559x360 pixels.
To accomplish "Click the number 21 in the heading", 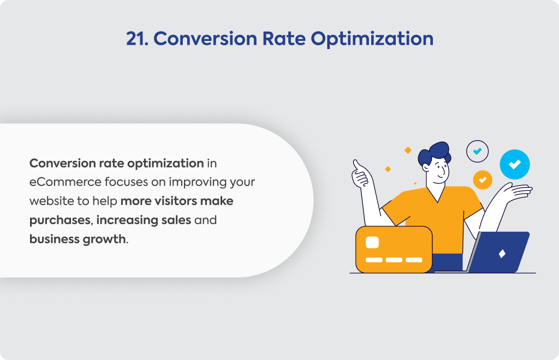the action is [137, 39].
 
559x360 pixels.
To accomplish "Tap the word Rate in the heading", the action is [284, 39].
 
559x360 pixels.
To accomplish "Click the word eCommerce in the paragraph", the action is [65, 182].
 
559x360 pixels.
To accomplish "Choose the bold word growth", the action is [104, 239].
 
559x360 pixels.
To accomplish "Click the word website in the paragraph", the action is [52, 201].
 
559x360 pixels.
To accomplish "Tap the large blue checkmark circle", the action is [514, 164].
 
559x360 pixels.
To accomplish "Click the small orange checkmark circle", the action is [483, 180].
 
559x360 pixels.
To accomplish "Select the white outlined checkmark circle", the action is [477, 151].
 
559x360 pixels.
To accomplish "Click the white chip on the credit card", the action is [372, 243].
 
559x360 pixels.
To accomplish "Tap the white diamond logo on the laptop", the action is [502, 254].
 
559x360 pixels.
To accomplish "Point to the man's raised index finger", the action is [356, 165].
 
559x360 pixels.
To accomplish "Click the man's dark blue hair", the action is [435, 153].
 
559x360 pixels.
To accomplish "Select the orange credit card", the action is [394, 250].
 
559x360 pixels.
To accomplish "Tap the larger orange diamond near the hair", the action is [408, 150].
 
